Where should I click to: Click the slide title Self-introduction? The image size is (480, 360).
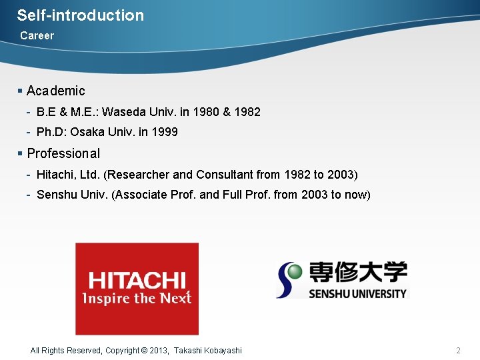coord(80,15)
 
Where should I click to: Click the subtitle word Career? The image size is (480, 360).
coord(37,35)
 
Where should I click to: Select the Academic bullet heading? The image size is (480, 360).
coord(56,91)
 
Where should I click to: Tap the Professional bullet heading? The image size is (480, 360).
coord(63,153)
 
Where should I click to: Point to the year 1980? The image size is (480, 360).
coord(205,112)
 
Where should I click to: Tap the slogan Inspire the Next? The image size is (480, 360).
coord(137,298)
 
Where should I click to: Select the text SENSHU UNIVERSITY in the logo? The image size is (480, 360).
coord(357,293)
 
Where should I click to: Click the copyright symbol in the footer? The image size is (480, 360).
coord(145,351)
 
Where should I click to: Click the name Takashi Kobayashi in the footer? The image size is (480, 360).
coord(208,351)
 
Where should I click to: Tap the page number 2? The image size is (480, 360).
coord(458,351)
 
